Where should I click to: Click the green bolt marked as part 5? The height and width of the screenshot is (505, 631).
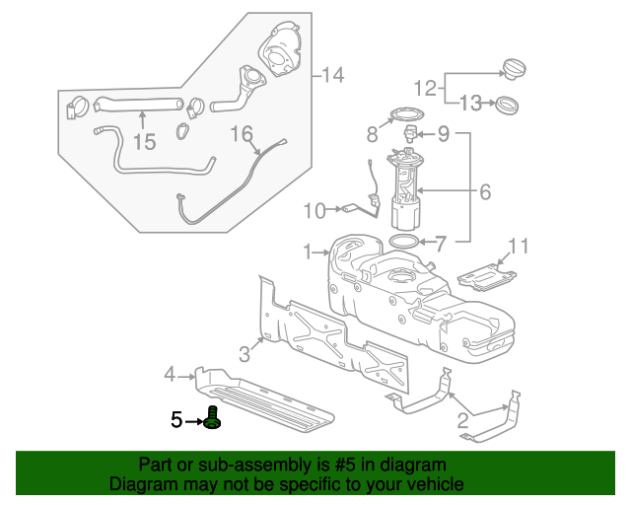coord(212,418)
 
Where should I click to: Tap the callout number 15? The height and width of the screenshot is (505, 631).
coord(144,142)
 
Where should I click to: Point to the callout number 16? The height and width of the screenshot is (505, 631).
coord(242,132)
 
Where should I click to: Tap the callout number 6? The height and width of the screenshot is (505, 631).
coord(484,193)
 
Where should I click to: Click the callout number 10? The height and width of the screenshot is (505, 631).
coord(314,210)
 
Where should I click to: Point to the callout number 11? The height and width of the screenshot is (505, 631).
coord(519,247)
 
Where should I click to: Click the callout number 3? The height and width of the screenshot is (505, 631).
coord(244,353)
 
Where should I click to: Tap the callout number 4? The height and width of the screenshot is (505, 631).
coord(170,374)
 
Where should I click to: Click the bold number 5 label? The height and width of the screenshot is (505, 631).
coord(175,420)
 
